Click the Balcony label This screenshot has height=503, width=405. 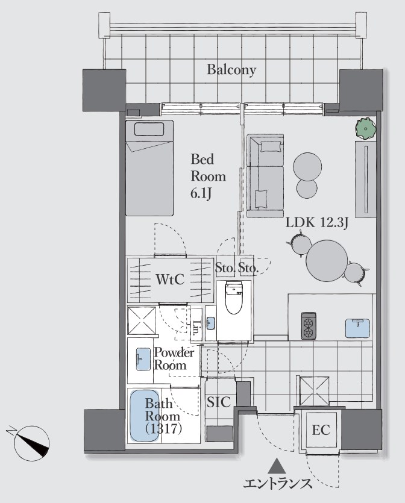coord(231,70)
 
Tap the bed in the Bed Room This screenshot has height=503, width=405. coord(149,168)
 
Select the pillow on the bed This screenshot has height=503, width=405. coord(149,129)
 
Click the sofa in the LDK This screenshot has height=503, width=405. coord(265,176)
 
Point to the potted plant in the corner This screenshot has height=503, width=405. coord(366,128)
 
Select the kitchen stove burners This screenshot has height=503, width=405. coord(309,326)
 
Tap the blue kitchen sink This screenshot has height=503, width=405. coord(357,328)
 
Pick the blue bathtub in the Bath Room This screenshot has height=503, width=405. coord(145,415)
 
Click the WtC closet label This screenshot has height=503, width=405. coord(170,280)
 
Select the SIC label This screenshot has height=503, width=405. coord(219,402)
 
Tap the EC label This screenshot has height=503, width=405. coord(321,430)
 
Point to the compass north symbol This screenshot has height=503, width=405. coord(31,443)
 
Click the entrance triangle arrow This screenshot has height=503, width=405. coord(277,466)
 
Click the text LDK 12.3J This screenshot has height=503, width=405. coord(317,223)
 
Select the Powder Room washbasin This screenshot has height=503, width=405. coord(143,359)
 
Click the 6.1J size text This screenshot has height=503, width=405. coord(201,194)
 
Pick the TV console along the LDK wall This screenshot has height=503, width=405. coord(366,179)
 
